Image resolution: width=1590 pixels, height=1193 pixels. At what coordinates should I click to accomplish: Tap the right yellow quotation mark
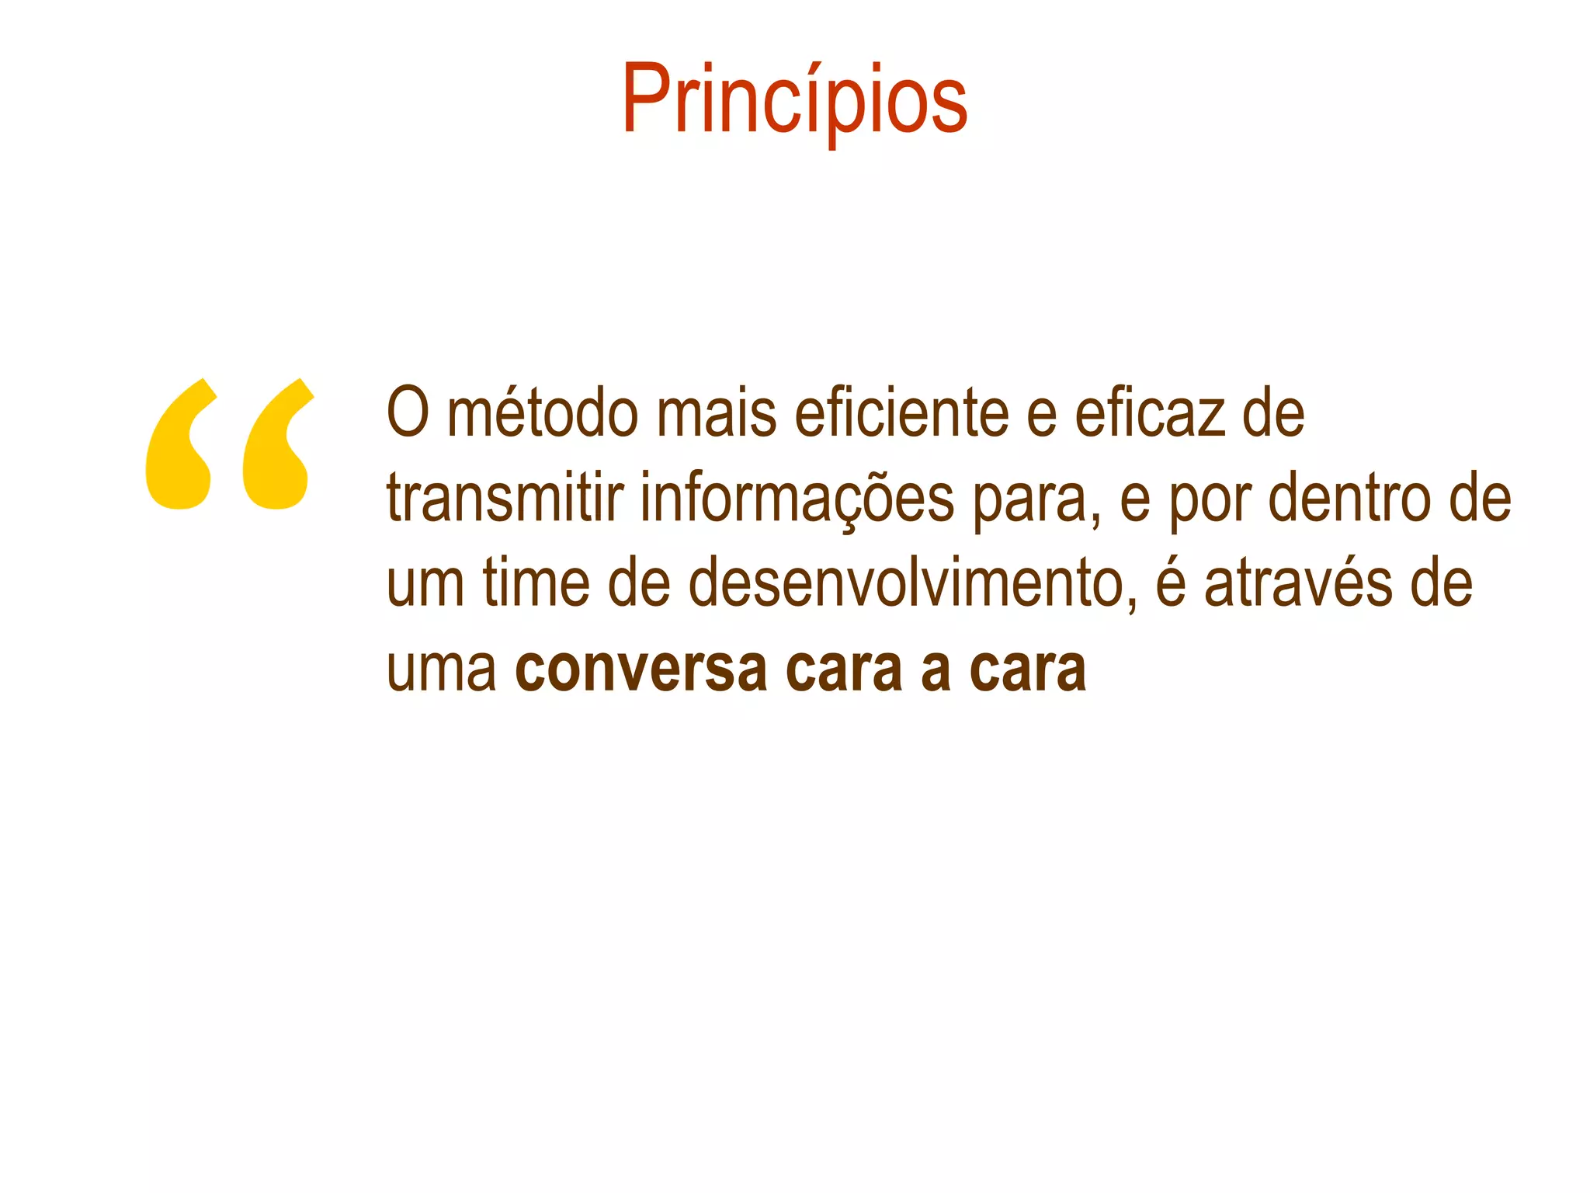pyautogui.click(x=277, y=447)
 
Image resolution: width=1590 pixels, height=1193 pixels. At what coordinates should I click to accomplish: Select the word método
pyautogui.click(x=543, y=413)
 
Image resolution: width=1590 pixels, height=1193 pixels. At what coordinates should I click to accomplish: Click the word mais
pyautogui.click(x=716, y=413)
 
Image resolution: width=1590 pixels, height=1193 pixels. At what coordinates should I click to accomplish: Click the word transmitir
pyautogui.click(x=505, y=499)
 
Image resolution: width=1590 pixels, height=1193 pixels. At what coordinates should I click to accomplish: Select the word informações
pyautogui.click(x=797, y=499)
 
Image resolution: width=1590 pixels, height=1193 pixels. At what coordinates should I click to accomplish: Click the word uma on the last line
pyautogui.click(x=441, y=670)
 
